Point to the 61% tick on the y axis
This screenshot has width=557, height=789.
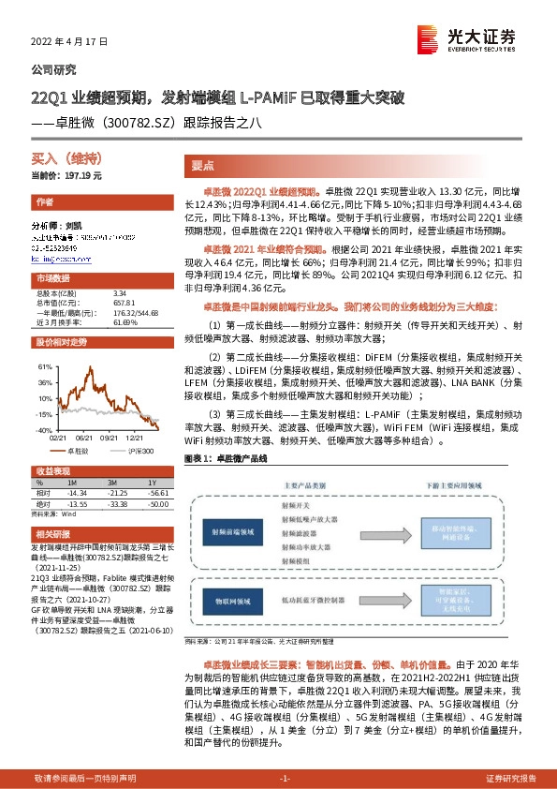(x=45, y=366)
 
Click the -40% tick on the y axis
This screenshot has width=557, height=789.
(x=43, y=429)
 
